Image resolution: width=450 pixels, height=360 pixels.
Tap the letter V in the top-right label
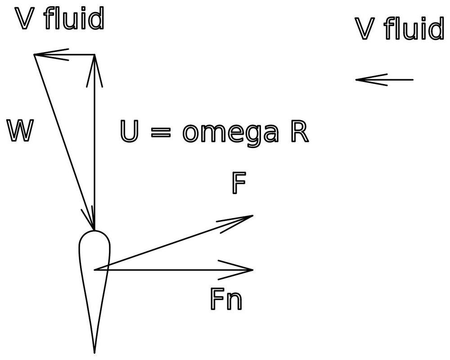(365, 30)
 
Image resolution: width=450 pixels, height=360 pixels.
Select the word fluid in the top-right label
(414, 29)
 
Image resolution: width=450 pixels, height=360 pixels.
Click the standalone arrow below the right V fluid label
(384, 80)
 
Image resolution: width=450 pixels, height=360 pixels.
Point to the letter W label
(20, 132)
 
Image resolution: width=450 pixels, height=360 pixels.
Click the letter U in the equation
(130, 132)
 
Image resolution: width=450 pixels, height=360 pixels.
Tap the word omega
(229, 133)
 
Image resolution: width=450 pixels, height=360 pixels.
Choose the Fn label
(226, 299)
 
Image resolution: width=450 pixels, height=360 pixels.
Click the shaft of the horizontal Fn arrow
(171, 270)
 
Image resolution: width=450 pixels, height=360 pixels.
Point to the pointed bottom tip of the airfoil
(94, 350)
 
